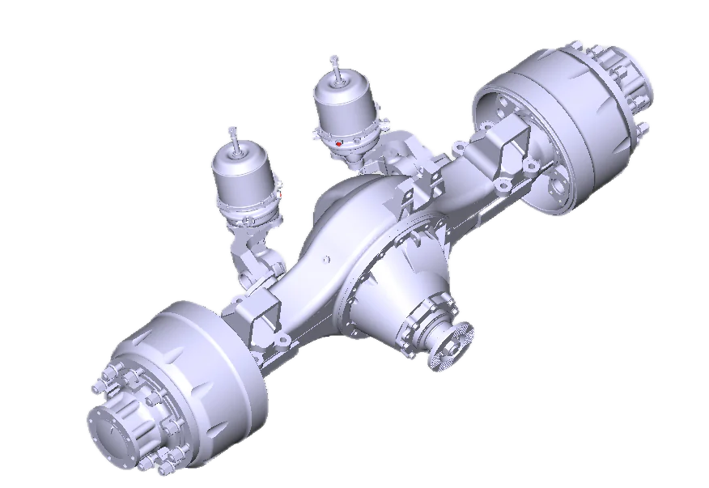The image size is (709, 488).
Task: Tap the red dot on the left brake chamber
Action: pyautogui.click(x=278, y=194)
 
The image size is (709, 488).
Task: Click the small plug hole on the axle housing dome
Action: pyautogui.click(x=325, y=260)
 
